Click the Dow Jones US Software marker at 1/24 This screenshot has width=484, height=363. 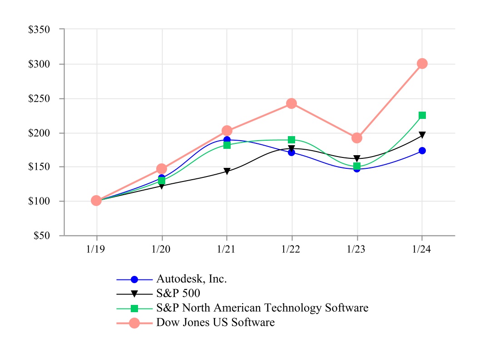422,64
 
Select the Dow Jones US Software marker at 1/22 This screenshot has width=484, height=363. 291,103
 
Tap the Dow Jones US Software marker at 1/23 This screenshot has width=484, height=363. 357,138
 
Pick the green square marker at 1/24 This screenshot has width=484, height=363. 422,115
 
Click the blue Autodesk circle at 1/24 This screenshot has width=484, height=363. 422,151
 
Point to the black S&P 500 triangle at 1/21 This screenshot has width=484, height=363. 227,172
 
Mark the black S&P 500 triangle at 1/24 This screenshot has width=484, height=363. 422,135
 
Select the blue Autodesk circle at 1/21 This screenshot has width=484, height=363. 227,140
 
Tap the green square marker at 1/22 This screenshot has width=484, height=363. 291,140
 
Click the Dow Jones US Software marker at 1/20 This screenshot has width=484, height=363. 162,169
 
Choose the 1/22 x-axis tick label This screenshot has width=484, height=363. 291,250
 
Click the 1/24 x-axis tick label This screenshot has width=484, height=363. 422,250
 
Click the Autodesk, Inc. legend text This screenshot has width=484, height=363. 192,279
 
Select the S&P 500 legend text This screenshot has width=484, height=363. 178,293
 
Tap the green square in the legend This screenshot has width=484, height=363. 134,309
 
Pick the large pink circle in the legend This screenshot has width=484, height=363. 134,323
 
